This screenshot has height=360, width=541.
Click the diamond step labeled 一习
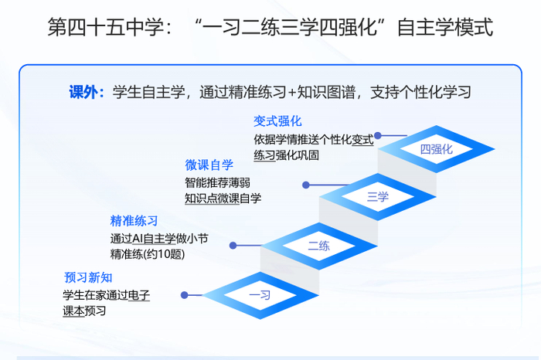[x=260, y=294]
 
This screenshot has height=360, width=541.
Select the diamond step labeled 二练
[x=318, y=246]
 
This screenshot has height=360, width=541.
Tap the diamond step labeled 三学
[x=378, y=196]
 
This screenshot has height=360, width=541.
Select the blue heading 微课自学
[x=209, y=165]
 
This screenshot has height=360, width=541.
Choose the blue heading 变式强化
[x=277, y=121]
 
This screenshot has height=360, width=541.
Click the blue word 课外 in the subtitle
[x=83, y=93]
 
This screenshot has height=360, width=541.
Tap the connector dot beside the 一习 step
[x=184, y=294]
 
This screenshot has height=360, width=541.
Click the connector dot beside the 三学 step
[x=306, y=185]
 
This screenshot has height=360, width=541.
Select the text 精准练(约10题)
[x=147, y=253]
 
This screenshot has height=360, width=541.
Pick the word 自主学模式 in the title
[x=444, y=29]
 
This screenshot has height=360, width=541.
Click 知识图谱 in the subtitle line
[x=333, y=93]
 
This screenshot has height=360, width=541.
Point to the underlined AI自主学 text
[x=158, y=238]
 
